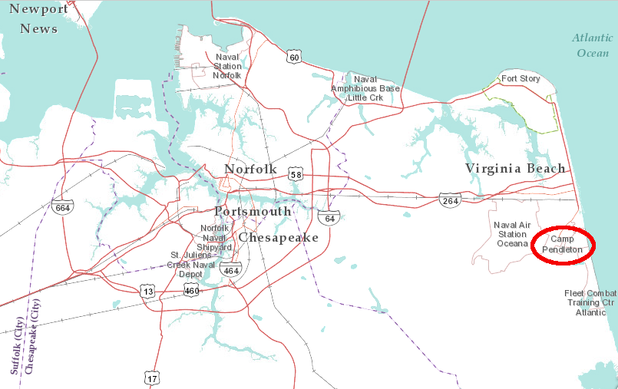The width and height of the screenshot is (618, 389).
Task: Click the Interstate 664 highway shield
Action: (x=63, y=206)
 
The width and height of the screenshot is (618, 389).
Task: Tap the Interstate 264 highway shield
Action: (x=451, y=199)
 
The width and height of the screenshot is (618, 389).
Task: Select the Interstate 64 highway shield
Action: (x=329, y=218)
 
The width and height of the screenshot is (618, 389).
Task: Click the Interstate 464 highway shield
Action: (x=230, y=269)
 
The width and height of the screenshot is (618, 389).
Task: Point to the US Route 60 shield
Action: (x=294, y=56)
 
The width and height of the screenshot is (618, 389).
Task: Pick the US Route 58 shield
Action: (x=296, y=174)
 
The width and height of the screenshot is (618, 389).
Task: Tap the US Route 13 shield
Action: (x=147, y=290)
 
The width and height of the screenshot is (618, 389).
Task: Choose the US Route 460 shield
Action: (x=192, y=290)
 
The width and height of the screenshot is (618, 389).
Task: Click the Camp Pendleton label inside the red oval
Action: (x=563, y=245)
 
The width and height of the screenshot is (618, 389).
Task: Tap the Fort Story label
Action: (x=521, y=79)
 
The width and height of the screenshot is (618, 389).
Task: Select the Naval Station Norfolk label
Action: (x=227, y=66)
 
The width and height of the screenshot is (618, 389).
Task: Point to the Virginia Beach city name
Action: (x=515, y=168)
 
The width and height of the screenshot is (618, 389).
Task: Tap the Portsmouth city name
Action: (x=253, y=211)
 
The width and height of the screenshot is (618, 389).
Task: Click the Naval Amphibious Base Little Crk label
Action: (x=365, y=88)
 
